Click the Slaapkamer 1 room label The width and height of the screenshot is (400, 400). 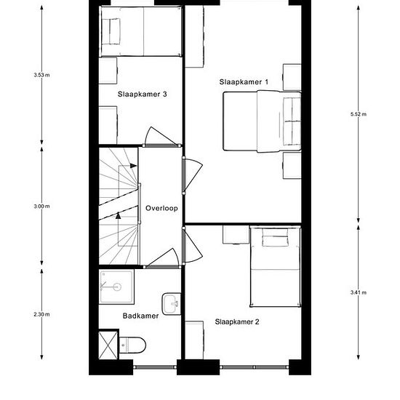pyautogui.click(x=244, y=82)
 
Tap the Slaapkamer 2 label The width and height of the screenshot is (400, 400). pyautogui.click(x=237, y=321)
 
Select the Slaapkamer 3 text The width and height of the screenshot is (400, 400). pyautogui.click(x=142, y=94)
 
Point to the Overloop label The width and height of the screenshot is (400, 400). pyautogui.click(x=161, y=208)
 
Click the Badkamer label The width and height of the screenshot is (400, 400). pyautogui.click(x=140, y=316)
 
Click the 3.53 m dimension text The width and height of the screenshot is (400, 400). pyautogui.click(x=41, y=75)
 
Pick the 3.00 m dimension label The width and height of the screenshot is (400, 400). pyautogui.click(x=41, y=206)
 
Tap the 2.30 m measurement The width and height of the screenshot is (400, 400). pyautogui.click(x=41, y=314)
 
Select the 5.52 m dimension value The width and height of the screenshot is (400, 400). pyautogui.click(x=358, y=114)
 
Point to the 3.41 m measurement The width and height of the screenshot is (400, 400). pyautogui.click(x=358, y=292)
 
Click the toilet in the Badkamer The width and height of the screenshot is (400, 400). pyautogui.click(x=132, y=345)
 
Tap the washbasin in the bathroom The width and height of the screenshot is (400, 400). pyautogui.click(x=172, y=304)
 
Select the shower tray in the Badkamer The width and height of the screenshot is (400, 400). pyautogui.click(x=116, y=287)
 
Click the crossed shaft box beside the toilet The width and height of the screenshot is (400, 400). pyautogui.click(x=108, y=345)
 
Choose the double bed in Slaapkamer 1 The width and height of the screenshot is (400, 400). pyautogui.click(x=262, y=121)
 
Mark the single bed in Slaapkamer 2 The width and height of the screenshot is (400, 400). pyautogui.click(x=276, y=267)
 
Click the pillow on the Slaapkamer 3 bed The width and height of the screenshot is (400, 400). pyautogui.click(x=115, y=31)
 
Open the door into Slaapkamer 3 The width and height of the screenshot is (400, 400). pyautogui.click(x=161, y=137)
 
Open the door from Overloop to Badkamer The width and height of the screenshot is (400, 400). pyautogui.click(x=162, y=259)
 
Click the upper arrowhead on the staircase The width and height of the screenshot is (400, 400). pyautogui.click(x=133, y=166)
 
